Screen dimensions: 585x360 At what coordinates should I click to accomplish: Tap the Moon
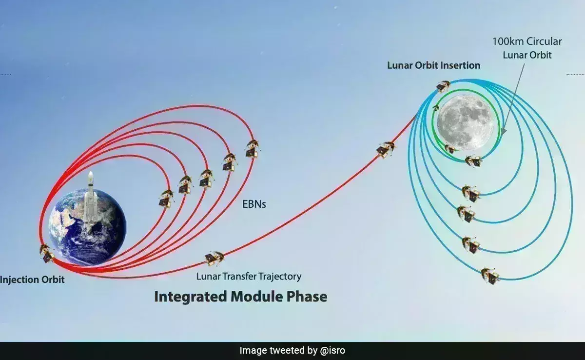tap(466, 122)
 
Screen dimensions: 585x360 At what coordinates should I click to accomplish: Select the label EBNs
tap(254, 204)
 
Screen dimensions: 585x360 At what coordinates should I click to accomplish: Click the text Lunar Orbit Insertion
tap(433, 65)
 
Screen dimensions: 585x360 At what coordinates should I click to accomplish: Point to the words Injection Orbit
tap(32, 280)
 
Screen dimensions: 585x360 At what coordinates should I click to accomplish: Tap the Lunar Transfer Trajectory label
tap(249, 277)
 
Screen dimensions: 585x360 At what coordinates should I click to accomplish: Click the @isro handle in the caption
tap(332, 350)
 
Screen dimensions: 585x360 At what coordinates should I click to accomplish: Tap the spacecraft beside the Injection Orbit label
tap(47, 253)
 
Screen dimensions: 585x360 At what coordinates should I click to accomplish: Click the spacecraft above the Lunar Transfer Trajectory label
tap(214, 259)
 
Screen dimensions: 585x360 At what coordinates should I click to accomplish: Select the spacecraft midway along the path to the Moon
tap(386, 149)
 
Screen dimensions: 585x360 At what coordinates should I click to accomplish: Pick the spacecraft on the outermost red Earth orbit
tap(252, 148)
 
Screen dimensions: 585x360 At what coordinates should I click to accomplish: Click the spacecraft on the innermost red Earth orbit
tap(166, 199)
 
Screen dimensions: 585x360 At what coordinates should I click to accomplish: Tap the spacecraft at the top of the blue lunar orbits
tap(443, 86)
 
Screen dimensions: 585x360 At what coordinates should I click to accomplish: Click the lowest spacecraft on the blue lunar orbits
tap(490, 276)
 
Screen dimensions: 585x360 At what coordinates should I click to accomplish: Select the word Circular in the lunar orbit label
tap(544, 41)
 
